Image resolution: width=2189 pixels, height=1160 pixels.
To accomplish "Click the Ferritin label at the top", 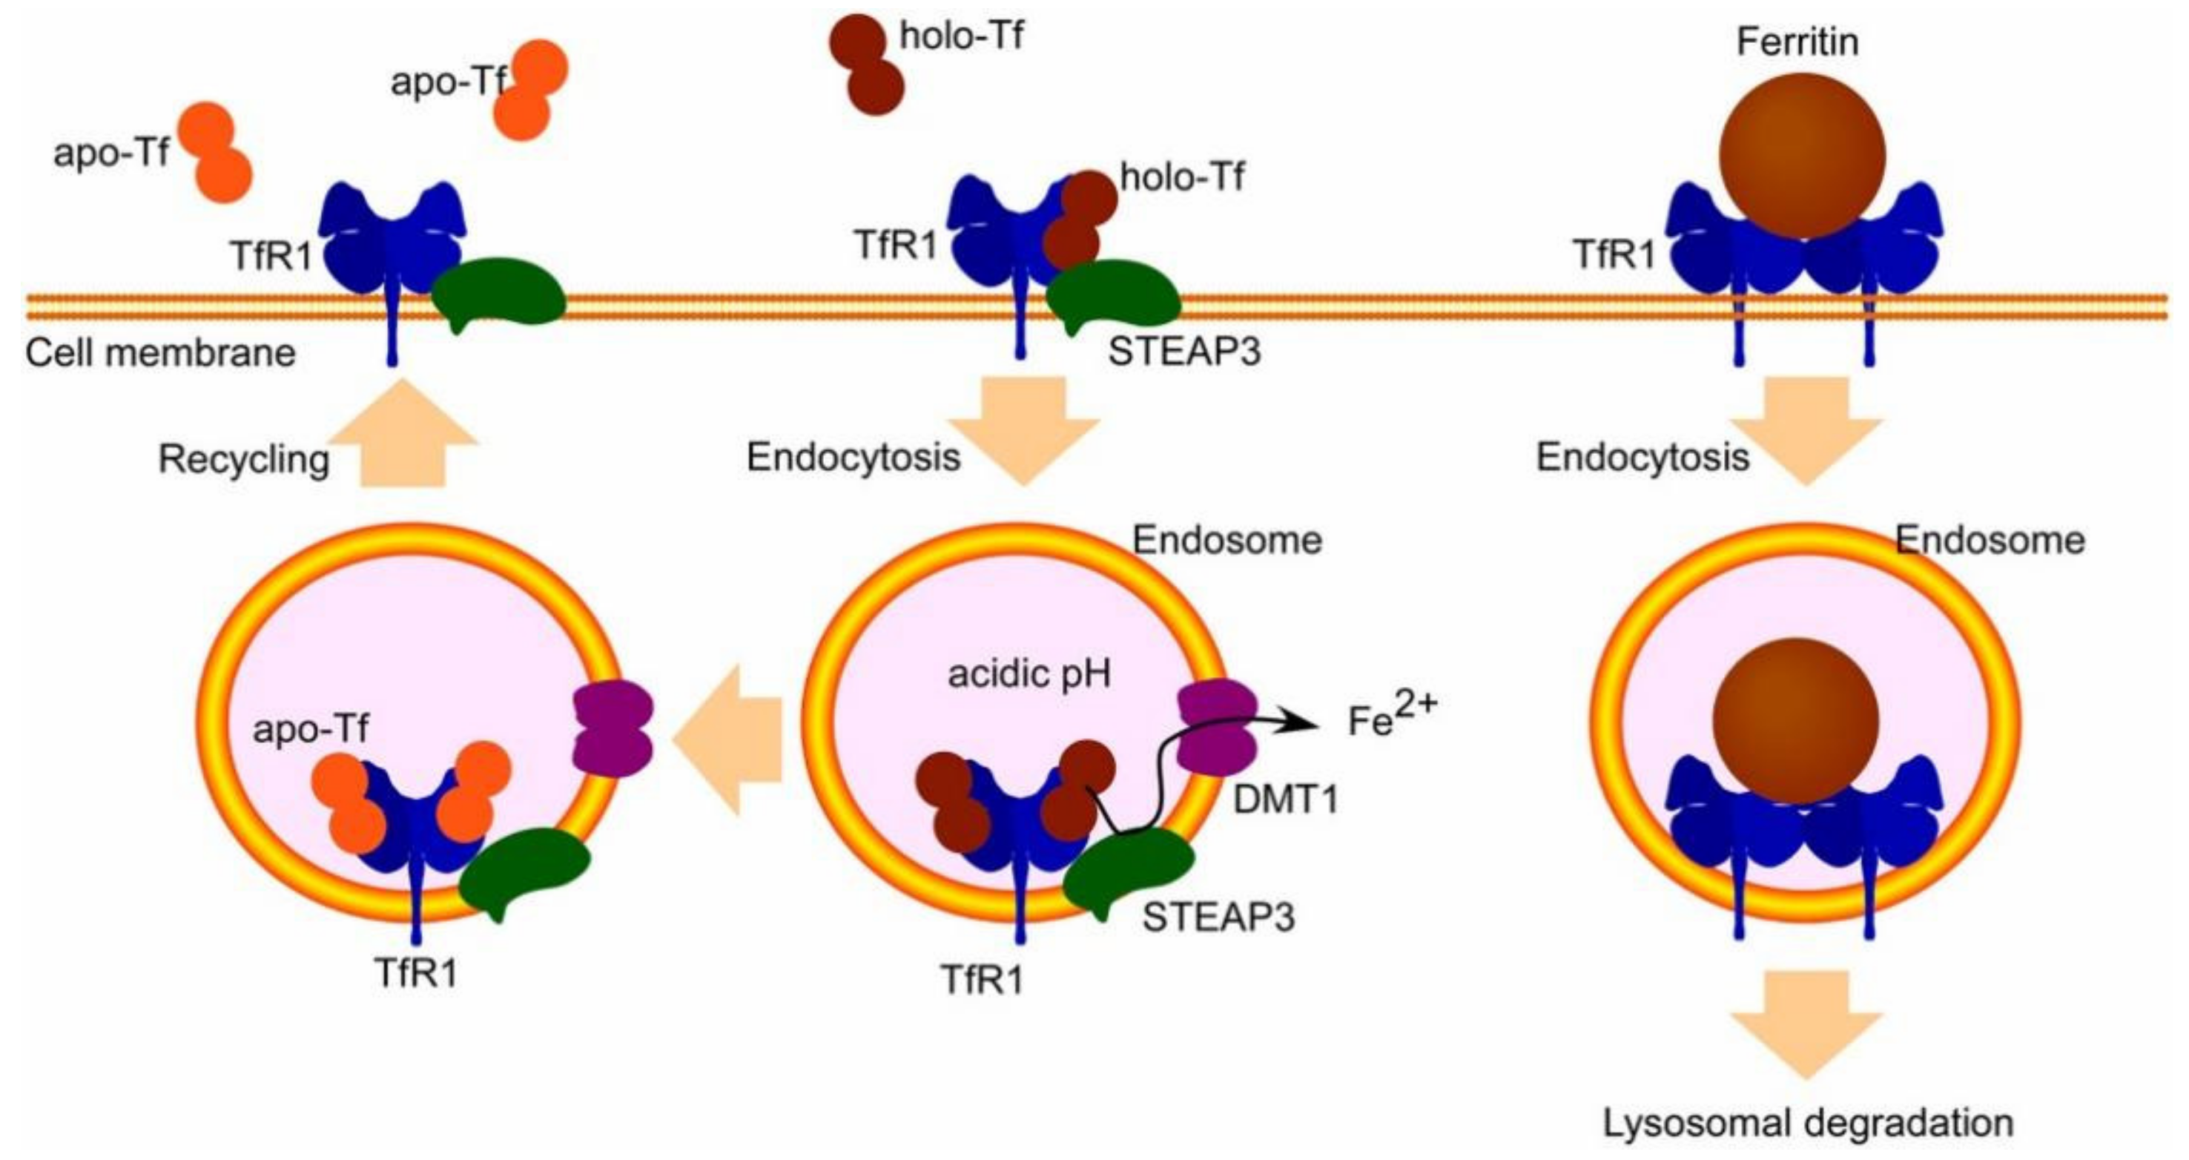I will coord(1797,42).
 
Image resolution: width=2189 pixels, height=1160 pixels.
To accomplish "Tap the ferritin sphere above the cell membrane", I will coord(1801,156).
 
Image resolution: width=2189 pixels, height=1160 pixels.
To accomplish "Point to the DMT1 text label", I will coord(1284,800).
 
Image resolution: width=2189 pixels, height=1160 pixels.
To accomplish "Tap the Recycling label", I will coord(244,460).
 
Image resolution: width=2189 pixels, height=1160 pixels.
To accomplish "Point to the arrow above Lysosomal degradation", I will coord(1806,1025).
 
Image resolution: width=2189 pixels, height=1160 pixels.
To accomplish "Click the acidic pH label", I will coord(1029,674).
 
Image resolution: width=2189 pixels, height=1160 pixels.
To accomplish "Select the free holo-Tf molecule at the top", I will coord(866,64).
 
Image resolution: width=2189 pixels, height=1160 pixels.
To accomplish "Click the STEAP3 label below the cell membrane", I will coord(1183,352).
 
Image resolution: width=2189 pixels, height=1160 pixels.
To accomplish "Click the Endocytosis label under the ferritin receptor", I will coord(1642,457).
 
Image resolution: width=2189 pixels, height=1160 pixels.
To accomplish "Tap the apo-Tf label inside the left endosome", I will coord(310,729).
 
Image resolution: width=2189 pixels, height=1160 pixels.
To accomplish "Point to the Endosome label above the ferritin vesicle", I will coord(1990,541).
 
